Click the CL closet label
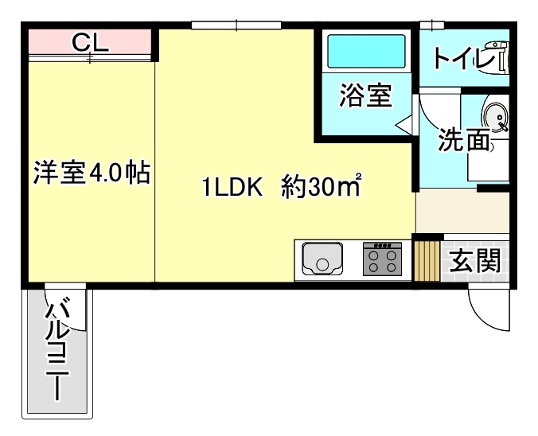(90, 41)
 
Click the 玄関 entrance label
(474, 260)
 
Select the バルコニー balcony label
(59, 349)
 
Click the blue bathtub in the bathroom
(367, 51)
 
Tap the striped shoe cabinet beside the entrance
(427, 260)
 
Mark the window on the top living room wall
(236, 25)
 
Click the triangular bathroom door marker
(405, 123)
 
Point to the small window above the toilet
(431, 25)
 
